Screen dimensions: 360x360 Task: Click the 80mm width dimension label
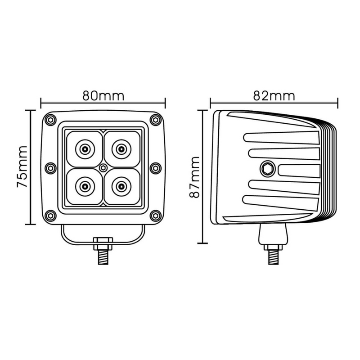coord(103,95)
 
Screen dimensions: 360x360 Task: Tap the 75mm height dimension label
coord(22,167)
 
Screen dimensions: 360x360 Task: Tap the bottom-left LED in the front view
coord(85,184)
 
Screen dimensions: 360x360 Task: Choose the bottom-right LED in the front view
coord(121,184)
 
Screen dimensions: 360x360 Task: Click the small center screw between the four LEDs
coord(103,167)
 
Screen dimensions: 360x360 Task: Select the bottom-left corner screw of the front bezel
coord(50,215)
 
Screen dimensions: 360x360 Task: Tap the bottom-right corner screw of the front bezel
coord(156,215)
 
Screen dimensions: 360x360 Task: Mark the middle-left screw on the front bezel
coord(50,167)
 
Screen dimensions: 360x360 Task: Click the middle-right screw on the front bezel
coord(156,167)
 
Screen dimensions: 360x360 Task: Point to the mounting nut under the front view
coord(103,246)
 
